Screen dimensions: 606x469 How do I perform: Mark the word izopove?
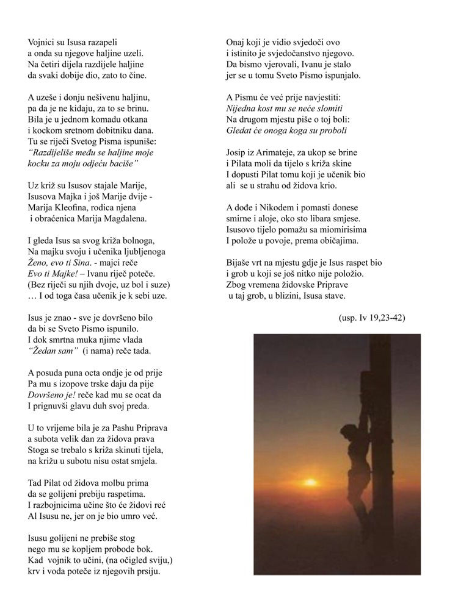tap(84, 383)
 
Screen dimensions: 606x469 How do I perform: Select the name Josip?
tap(238, 152)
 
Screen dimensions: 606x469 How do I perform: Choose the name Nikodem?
tap(277, 207)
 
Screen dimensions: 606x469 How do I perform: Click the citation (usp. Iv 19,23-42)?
tap(371, 318)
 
